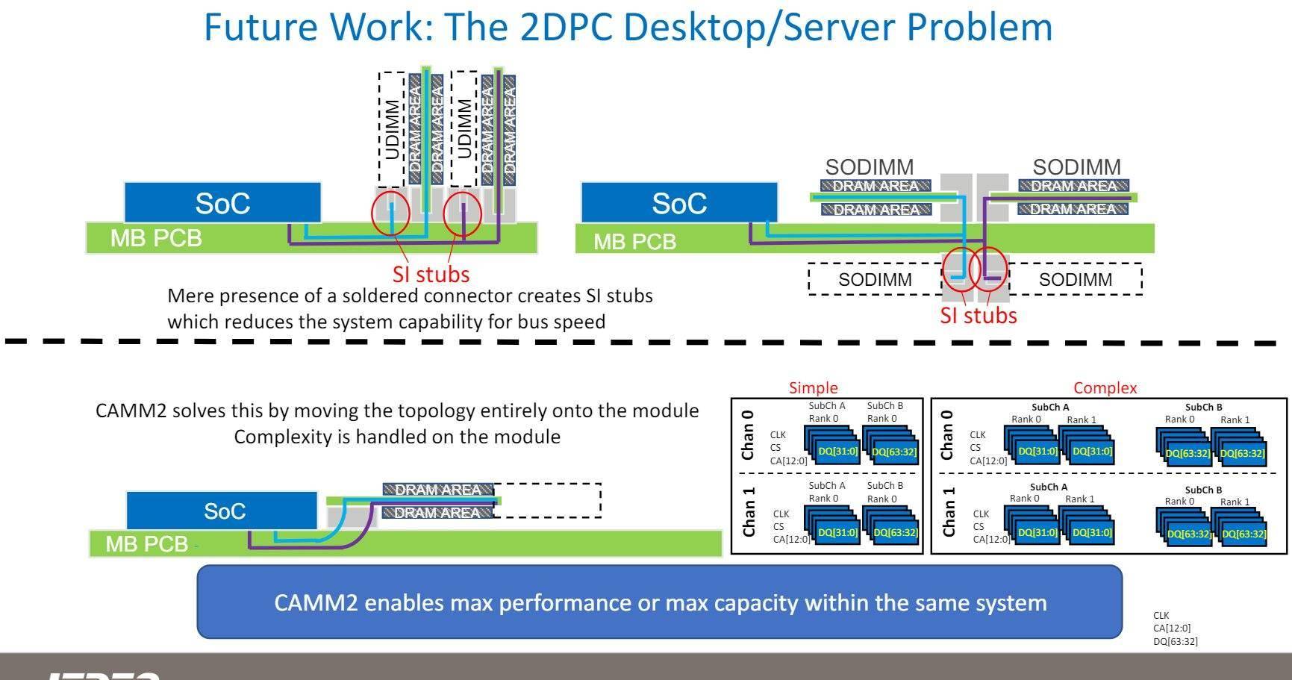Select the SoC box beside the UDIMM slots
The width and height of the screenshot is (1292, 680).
point(222,203)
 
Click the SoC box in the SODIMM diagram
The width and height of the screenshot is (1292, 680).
point(678,203)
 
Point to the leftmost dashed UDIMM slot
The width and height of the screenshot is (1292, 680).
point(390,129)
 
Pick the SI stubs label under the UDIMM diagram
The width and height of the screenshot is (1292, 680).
point(431,275)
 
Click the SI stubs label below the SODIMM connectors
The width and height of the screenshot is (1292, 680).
point(978,316)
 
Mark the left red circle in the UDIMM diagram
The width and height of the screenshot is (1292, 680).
point(390,213)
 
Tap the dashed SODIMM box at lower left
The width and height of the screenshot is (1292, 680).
point(874,280)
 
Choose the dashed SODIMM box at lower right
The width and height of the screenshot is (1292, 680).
point(1075,280)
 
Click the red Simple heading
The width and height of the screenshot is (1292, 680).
point(813,388)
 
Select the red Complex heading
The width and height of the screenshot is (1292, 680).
point(1105,388)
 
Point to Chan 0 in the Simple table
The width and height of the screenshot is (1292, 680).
point(749,434)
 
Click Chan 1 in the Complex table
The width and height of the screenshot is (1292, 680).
point(949,512)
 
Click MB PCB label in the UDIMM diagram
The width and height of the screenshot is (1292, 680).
point(155,238)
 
